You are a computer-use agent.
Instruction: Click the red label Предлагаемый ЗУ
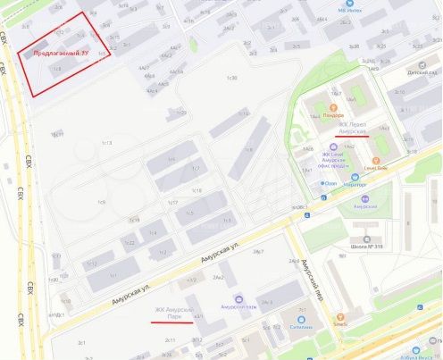click(x=60, y=54)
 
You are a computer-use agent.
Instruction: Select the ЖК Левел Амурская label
click(x=347, y=128)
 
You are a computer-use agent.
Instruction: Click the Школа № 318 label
click(x=368, y=247)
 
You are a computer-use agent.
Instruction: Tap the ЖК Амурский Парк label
click(x=175, y=313)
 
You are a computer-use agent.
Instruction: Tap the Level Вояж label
click(x=375, y=167)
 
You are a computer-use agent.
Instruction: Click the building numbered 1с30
click(x=231, y=79)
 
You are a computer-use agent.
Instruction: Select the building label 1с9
click(x=102, y=203)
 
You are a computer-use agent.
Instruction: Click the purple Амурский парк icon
click(x=238, y=298)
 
